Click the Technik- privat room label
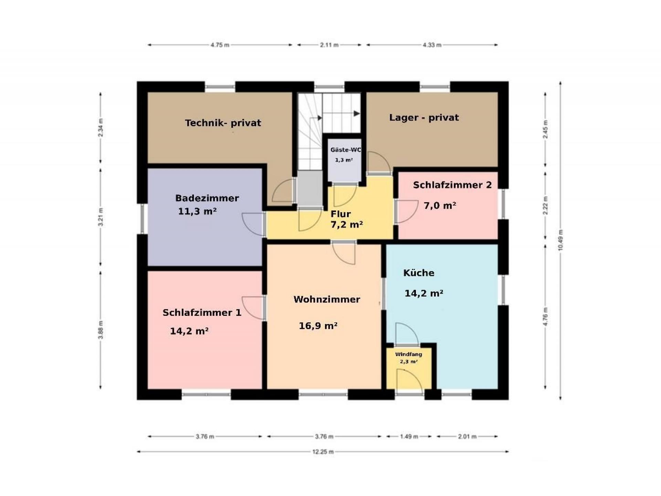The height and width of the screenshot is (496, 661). point(223,123)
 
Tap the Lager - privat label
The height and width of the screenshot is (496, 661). point(424,117)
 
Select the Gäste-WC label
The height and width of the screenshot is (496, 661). point(346,150)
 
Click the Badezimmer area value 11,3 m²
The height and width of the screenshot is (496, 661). point(197,211)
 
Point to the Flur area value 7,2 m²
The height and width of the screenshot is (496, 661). point(347,225)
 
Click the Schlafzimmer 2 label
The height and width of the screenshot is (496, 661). point(452,185)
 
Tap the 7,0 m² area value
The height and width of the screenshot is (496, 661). point(440,206)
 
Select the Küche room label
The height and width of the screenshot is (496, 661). point(419,273)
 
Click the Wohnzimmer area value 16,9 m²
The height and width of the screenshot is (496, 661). point(318,325)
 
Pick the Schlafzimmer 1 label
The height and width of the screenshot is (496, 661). point(202,313)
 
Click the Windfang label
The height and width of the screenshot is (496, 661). point(409,354)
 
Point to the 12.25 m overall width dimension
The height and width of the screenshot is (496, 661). point(323,452)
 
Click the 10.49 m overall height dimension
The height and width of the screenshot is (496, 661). point(560,240)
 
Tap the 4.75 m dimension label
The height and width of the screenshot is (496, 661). point(220,45)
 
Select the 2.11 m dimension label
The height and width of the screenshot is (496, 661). point(329,45)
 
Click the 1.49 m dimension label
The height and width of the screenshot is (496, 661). point(409,436)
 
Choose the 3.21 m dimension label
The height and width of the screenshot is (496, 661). point(101,217)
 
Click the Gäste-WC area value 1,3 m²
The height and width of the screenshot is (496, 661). point(344,160)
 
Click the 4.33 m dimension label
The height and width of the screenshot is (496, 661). point(432,45)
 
